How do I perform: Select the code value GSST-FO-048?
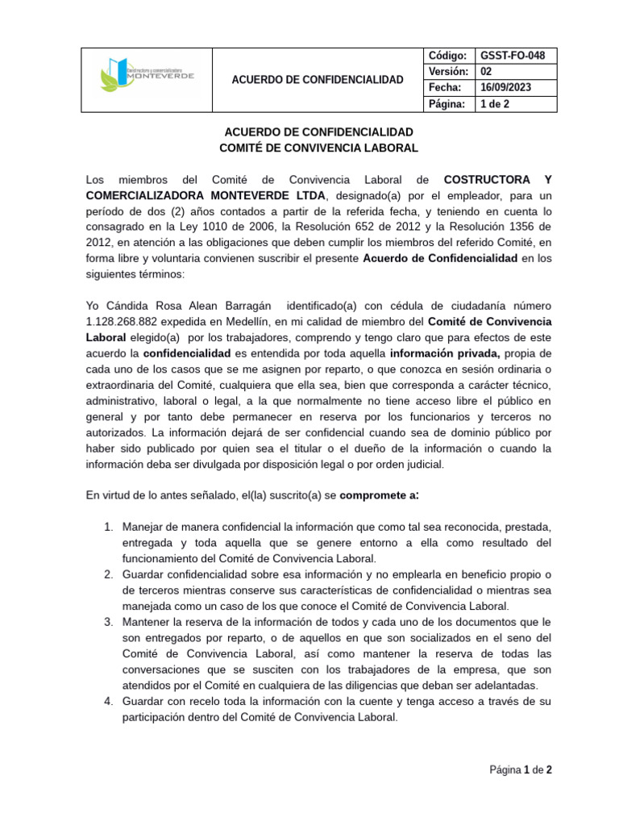(x=513, y=56)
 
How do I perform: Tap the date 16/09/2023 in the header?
(x=505, y=87)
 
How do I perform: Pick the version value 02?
(x=486, y=71)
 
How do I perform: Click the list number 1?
(x=108, y=527)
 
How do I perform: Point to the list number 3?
(x=108, y=622)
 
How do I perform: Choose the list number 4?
(x=108, y=702)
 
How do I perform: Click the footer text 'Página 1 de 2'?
(x=521, y=770)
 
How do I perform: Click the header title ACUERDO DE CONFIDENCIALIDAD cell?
(x=318, y=79)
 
